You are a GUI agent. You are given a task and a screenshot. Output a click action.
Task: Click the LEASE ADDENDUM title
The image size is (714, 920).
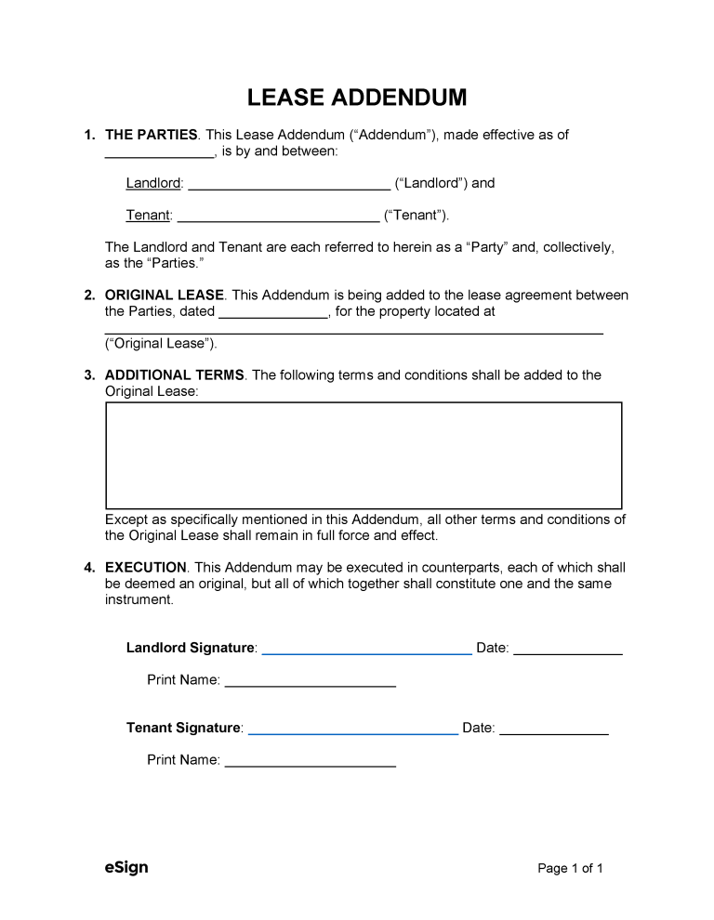click(357, 98)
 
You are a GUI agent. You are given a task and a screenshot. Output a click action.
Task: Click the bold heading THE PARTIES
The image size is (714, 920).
click(151, 135)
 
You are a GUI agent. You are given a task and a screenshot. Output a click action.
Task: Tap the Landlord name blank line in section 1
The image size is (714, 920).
click(289, 185)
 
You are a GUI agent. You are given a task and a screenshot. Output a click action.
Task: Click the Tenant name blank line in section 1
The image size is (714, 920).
click(278, 217)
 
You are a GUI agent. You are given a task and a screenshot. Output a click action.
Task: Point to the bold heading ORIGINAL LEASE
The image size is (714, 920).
click(165, 296)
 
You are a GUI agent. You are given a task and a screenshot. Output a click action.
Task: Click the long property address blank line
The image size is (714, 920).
click(353, 330)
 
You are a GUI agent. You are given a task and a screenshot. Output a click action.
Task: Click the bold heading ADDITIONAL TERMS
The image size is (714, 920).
click(175, 375)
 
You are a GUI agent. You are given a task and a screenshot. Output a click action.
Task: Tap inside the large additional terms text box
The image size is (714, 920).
click(364, 455)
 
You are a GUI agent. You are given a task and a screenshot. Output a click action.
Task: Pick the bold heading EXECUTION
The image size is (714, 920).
click(146, 568)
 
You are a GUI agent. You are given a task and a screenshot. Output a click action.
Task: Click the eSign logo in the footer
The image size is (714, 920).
click(126, 868)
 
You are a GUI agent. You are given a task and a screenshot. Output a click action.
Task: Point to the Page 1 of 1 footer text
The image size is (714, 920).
click(571, 869)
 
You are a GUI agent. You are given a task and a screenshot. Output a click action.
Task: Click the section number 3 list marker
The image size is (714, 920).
click(89, 375)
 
